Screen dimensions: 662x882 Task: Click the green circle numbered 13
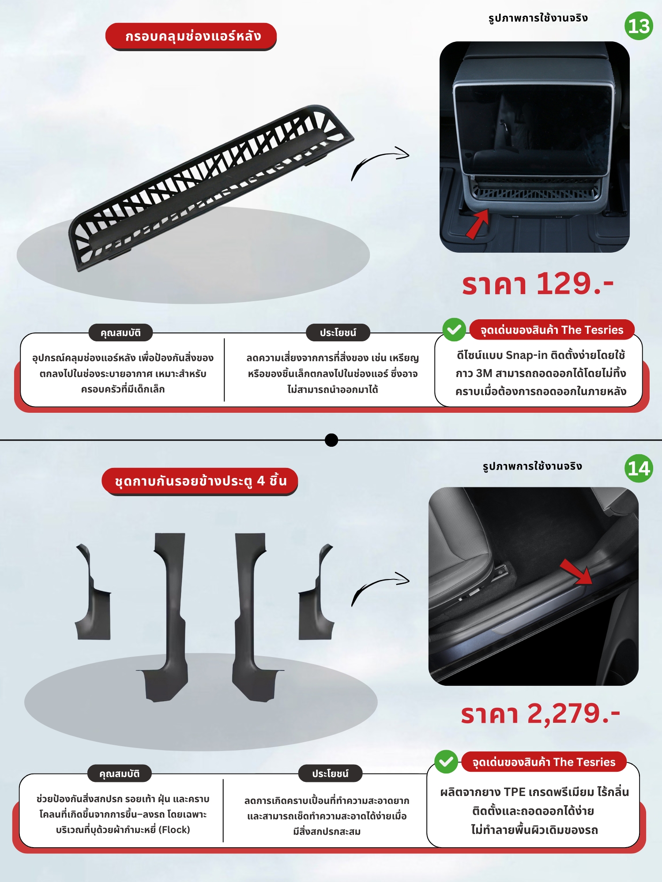click(x=639, y=26)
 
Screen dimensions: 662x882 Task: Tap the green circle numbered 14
click(x=639, y=468)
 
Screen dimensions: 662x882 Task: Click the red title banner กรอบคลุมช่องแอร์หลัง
click(x=191, y=36)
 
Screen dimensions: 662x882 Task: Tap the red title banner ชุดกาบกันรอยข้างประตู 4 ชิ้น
click(x=199, y=481)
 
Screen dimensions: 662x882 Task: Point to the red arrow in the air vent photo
click(x=478, y=224)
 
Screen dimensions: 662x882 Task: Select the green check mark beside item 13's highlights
click(x=454, y=329)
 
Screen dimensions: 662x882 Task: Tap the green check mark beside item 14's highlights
click(x=446, y=762)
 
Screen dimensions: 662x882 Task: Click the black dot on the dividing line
click(x=331, y=440)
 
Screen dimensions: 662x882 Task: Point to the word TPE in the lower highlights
click(x=514, y=792)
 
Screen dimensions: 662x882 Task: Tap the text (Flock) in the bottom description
click(x=174, y=830)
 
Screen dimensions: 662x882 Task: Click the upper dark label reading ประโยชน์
click(x=338, y=333)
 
